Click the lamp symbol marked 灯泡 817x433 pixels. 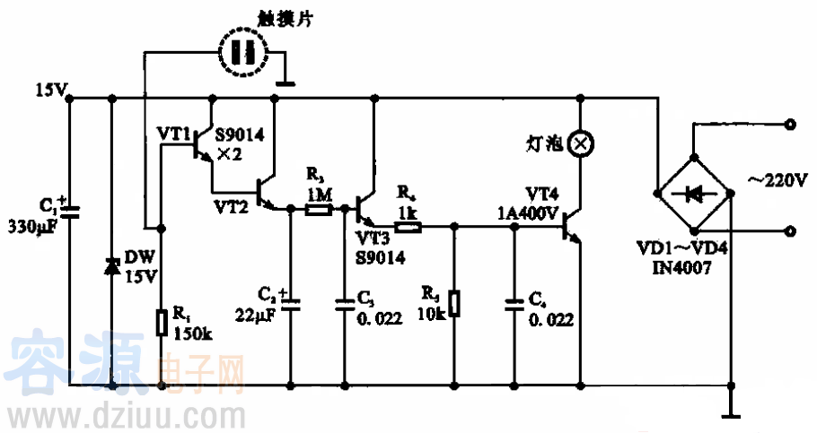point(582,142)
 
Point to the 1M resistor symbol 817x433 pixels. point(318,210)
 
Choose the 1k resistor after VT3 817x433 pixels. point(408,227)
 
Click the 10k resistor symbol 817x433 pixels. point(454,303)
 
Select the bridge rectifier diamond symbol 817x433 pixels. point(695,191)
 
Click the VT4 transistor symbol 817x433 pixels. point(570,229)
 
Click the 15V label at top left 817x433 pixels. point(48,90)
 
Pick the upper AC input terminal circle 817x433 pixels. point(790,126)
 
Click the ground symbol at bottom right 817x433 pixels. point(731,413)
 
